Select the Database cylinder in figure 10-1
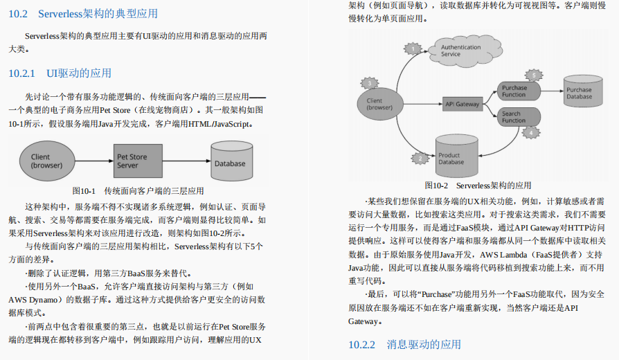pos(229,162)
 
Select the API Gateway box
pos(462,105)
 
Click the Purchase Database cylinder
pos(579,92)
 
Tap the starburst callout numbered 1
pos(413,48)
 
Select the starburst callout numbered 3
pos(370,83)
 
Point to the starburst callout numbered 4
pos(530,132)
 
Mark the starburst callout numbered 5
pos(532,75)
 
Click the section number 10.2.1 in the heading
pos(21,73)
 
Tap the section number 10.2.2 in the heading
pos(361,344)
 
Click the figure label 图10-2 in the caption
pos(436,185)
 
